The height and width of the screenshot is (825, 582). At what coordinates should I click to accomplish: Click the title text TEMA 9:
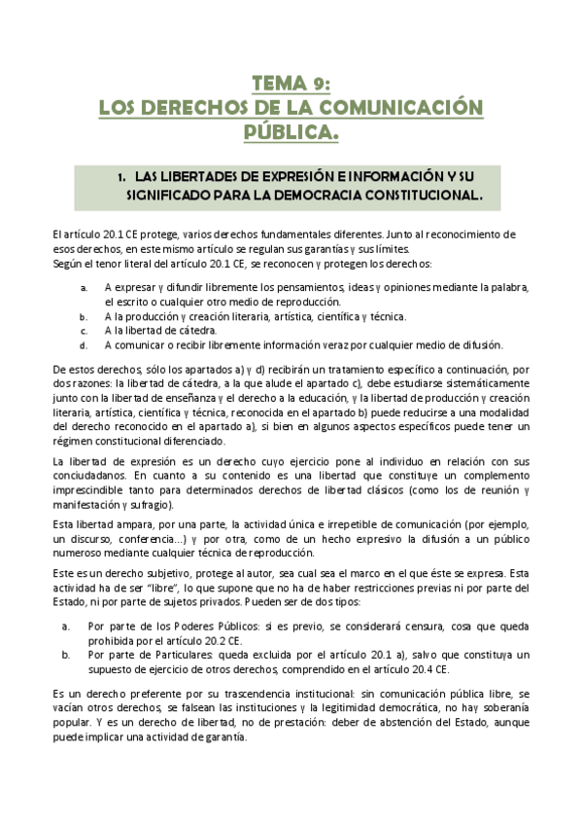291,83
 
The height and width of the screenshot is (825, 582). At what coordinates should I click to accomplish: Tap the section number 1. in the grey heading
121,177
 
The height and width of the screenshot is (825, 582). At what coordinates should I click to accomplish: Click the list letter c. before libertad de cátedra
84,331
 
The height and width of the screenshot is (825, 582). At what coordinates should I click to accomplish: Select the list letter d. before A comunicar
84,344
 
